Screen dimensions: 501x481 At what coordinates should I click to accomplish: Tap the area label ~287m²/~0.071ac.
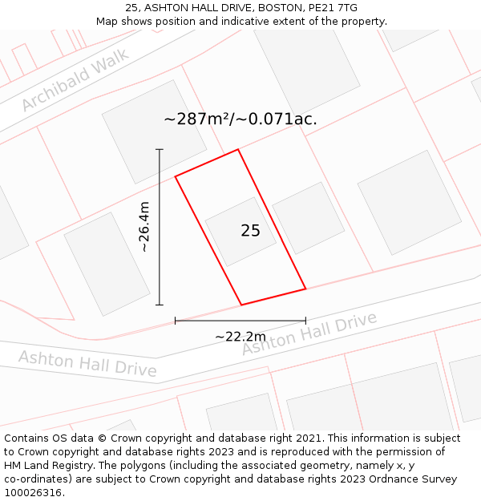coord(240,119)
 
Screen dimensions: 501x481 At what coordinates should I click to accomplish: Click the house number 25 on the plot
coord(250,231)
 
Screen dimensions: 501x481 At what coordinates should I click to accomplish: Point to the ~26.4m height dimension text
coord(144,227)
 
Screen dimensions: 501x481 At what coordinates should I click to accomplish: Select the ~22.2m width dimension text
coord(240,337)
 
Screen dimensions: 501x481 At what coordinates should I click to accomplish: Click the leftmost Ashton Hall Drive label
coord(87,364)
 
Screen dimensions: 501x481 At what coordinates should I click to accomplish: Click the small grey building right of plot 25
coord(308,218)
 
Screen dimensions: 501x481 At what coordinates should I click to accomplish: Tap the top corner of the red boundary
coord(238,150)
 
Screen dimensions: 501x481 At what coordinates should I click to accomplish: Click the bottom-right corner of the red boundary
coord(305,289)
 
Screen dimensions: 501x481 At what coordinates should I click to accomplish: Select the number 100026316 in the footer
coord(32,493)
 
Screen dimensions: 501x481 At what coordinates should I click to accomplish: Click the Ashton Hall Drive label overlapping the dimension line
coord(309,334)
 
